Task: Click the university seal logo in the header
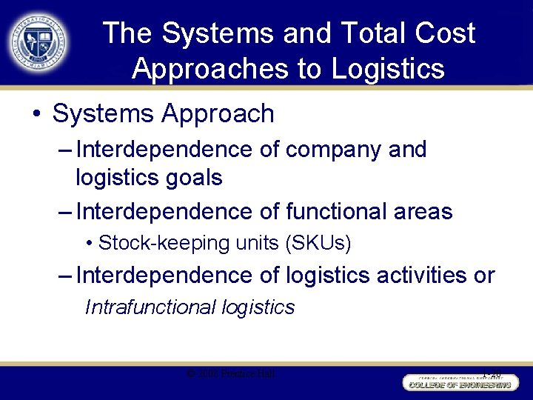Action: click(x=38, y=41)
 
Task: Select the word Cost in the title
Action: click(x=445, y=33)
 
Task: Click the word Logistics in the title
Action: click(x=388, y=68)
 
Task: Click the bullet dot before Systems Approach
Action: click(x=36, y=114)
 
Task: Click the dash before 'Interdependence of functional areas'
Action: click(x=64, y=212)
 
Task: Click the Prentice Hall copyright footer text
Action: click(x=231, y=374)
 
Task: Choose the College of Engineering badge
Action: click(x=458, y=381)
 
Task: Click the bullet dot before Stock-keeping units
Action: click(x=90, y=243)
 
